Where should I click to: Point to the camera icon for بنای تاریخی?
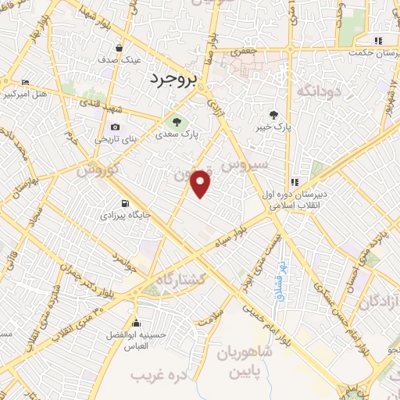[x=115, y=127]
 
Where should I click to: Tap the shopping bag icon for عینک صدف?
[x=119, y=47]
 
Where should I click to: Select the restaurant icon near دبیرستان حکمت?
[x=378, y=41]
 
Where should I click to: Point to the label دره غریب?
[x=160, y=376]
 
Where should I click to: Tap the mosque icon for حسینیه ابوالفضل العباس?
[x=137, y=323]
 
